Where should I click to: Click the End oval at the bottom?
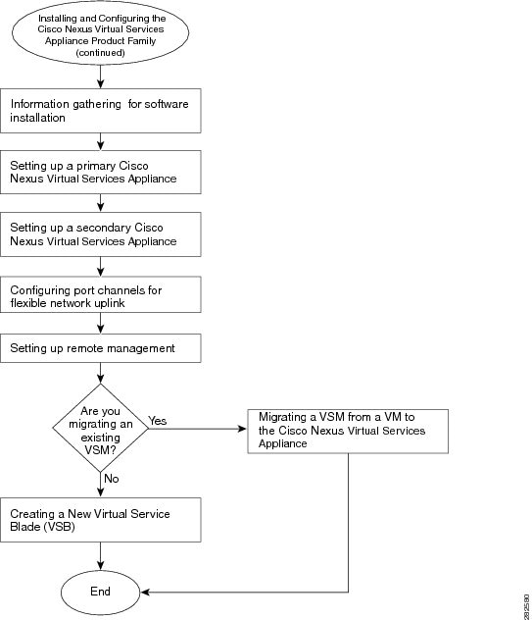pyautogui.click(x=100, y=592)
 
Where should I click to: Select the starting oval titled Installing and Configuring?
pyautogui.click(x=100, y=33)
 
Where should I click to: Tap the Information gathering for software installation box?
pyautogui.click(x=100, y=111)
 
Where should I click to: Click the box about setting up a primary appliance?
pyautogui.click(x=100, y=172)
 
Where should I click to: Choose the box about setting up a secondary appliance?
pyautogui.click(x=100, y=234)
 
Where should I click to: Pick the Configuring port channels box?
pyautogui.click(x=100, y=294)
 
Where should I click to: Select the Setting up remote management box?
pyautogui.click(x=100, y=348)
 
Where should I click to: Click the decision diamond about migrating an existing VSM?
pyautogui.click(x=100, y=428)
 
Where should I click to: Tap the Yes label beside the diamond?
pyautogui.click(x=158, y=421)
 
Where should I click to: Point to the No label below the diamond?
pyautogui.click(x=112, y=479)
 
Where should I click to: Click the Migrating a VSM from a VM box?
pyautogui.click(x=348, y=432)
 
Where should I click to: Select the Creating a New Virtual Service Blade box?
pyautogui.click(x=100, y=520)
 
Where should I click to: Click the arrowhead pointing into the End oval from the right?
pyautogui.click(x=145, y=592)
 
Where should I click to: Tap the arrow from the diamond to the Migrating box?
pyautogui.click(x=198, y=429)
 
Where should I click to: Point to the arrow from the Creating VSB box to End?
pyautogui.click(x=100, y=556)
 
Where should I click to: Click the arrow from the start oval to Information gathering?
pyautogui.click(x=100, y=77)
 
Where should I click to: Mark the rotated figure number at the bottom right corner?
pyautogui.click(x=527, y=606)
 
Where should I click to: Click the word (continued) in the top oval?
pyautogui.click(x=100, y=52)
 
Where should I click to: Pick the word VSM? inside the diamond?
pyautogui.click(x=100, y=450)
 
